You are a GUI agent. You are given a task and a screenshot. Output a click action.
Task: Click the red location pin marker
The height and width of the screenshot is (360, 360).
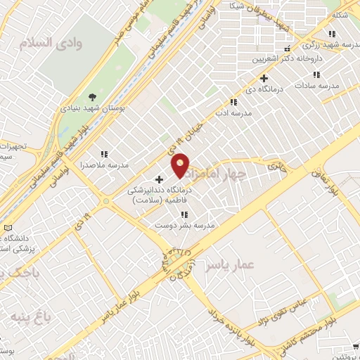pyautogui.click(x=181, y=165)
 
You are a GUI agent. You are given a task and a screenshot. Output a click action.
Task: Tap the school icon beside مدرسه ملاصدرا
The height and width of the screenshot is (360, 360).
pyautogui.click(x=104, y=154)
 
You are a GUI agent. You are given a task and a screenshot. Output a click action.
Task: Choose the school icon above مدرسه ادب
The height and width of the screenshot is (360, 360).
pyautogui.click(x=234, y=103)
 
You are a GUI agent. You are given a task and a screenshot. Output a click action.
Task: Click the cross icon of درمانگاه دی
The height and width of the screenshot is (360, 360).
pyautogui.click(x=264, y=78)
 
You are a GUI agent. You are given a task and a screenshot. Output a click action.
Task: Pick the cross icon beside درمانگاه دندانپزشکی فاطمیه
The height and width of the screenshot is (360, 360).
pyautogui.click(x=159, y=179)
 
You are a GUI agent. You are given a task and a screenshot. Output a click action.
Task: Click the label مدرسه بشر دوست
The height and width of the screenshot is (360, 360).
pyautogui.click(x=184, y=226)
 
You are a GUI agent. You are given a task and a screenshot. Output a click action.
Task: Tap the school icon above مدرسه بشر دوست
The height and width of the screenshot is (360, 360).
pyautogui.click(x=184, y=214)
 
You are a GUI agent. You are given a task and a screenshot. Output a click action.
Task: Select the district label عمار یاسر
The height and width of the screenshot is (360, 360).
pyautogui.click(x=229, y=265)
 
